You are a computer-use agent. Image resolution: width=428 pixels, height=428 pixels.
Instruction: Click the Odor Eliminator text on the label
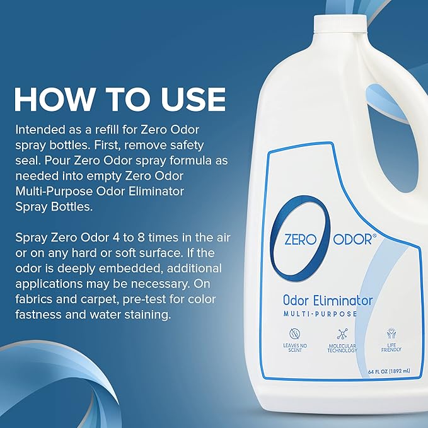coord(328,300)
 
